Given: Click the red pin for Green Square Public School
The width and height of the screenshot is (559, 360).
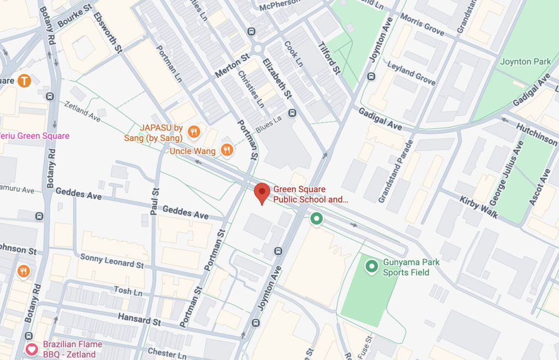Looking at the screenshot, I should click(263, 193).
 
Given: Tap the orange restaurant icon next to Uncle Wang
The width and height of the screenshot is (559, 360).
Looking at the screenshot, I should click(227, 150).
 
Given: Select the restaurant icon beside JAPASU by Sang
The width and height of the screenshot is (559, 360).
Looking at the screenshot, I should click(193, 132).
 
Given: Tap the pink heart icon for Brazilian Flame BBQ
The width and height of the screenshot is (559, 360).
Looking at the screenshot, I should click(32, 349).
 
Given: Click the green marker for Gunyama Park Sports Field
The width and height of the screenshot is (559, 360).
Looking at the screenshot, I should click(372, 267).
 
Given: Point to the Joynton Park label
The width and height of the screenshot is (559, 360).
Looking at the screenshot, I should click(526, 62).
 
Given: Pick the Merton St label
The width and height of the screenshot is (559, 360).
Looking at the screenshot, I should click(232, 66).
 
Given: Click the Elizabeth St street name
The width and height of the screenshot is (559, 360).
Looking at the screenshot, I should click(277, 79).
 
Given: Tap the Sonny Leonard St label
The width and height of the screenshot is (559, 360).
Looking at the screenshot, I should click(112, 261).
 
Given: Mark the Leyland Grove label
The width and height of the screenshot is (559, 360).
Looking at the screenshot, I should click(411, 73).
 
